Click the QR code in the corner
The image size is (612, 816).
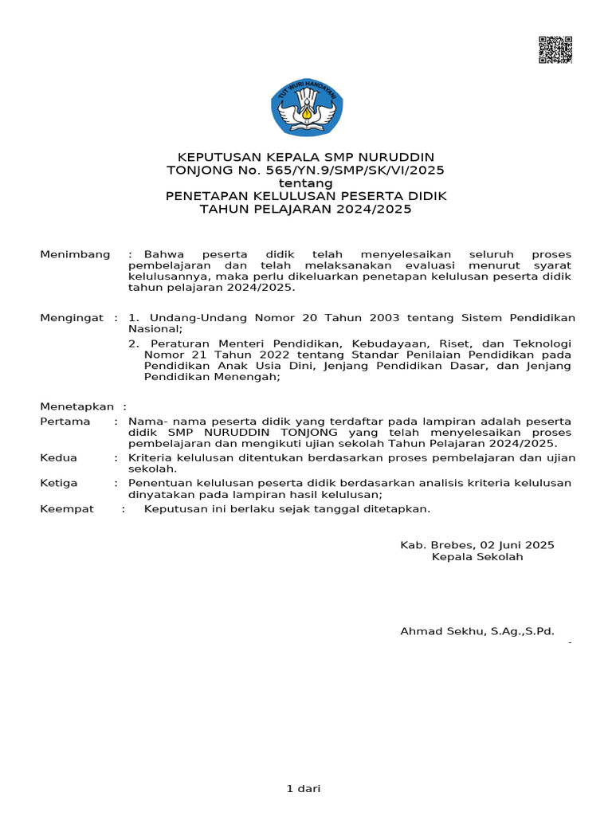pos(555,49)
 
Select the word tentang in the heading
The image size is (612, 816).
pos(306,182)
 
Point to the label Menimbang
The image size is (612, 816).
pos(75,254)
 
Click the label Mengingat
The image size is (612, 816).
pos(72,318)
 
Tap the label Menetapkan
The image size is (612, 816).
pos(76,406)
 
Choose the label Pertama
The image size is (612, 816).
pos(65,421)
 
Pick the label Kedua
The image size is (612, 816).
pos(59,457)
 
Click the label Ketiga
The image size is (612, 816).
pos(59,483)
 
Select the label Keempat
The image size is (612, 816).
pos(67,508)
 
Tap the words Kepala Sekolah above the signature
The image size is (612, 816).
pos(477,557)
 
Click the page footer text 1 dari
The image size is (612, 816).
pos(303,789)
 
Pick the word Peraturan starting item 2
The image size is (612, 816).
pos(175,343)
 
